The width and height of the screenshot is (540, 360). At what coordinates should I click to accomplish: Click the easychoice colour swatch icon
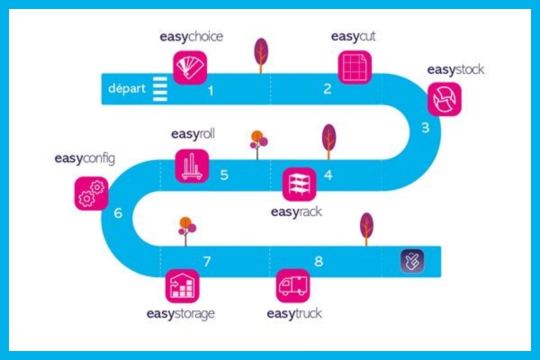190,67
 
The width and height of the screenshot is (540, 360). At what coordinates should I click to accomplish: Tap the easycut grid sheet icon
355,67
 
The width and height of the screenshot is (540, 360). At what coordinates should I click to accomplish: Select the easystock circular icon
445,99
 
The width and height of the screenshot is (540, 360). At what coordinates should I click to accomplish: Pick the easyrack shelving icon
300,184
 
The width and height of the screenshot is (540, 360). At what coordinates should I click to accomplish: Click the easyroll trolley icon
192,166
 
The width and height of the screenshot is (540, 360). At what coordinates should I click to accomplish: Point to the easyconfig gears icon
91,193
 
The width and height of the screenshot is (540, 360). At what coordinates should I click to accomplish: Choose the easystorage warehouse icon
183,286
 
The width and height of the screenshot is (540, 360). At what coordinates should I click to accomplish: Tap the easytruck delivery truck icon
293,286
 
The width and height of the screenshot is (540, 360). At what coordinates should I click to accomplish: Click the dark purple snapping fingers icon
412,261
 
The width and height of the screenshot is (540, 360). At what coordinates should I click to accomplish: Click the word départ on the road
127,88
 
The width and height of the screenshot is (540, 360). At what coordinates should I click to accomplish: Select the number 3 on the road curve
426,128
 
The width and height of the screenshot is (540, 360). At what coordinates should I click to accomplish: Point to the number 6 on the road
118,213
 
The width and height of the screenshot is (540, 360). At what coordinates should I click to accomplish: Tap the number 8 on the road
319,262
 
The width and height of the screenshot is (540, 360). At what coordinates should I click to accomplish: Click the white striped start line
160,89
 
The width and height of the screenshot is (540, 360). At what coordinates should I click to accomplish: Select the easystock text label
455,69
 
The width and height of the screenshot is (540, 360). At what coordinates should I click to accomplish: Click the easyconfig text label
85,158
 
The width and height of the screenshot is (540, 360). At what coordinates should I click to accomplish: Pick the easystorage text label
181,314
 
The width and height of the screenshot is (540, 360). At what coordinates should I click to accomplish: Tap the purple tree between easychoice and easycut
261,55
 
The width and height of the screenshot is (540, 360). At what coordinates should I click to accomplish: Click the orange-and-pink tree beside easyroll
258,145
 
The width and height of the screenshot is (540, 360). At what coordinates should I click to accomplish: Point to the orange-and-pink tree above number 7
186,230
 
